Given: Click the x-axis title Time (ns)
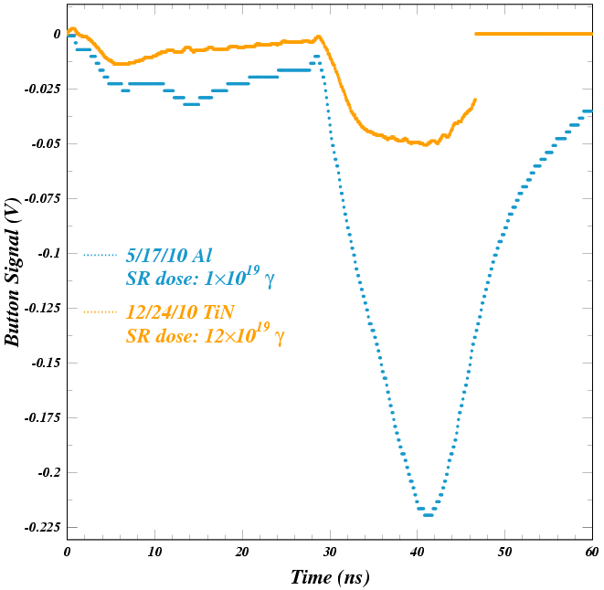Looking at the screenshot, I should tap(329, 577).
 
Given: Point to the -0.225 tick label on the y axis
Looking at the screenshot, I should tap(42, 527).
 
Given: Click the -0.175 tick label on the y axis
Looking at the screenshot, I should tap(42, 417).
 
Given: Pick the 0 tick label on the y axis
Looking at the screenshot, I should tap(58, 34).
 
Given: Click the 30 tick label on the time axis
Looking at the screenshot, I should tap(329, 553).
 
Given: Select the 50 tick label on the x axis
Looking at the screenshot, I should tap(504, 553).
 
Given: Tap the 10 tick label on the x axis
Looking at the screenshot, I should tap(154, 553).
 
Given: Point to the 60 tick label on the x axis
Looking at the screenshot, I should tap(591, 553).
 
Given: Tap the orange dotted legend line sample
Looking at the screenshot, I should tap(101, 312).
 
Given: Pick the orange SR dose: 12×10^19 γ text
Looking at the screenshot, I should tap(205, 336).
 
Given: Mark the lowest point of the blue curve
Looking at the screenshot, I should tap(427, 515).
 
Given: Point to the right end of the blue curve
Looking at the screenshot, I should tap(590, 111).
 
